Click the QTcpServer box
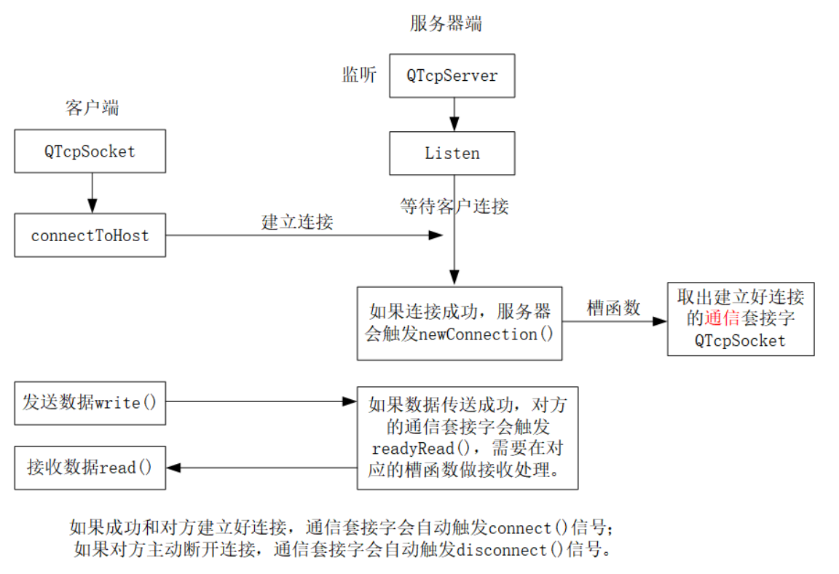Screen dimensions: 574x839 452,76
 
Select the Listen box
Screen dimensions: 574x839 452,153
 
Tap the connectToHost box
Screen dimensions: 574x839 90,235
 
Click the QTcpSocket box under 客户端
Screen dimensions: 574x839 90,152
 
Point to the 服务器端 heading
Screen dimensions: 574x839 446,23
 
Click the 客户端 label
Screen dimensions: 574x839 92,109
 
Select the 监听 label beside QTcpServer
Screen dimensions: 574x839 359,75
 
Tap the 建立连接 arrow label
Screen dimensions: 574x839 297,222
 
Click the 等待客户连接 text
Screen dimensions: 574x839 454,206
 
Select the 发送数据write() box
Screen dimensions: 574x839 90,403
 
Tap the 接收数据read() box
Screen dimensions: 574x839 90,468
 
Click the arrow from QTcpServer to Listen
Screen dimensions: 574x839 454,114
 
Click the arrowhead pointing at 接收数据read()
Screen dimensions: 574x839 175,468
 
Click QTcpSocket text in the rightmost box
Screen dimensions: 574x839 740,340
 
